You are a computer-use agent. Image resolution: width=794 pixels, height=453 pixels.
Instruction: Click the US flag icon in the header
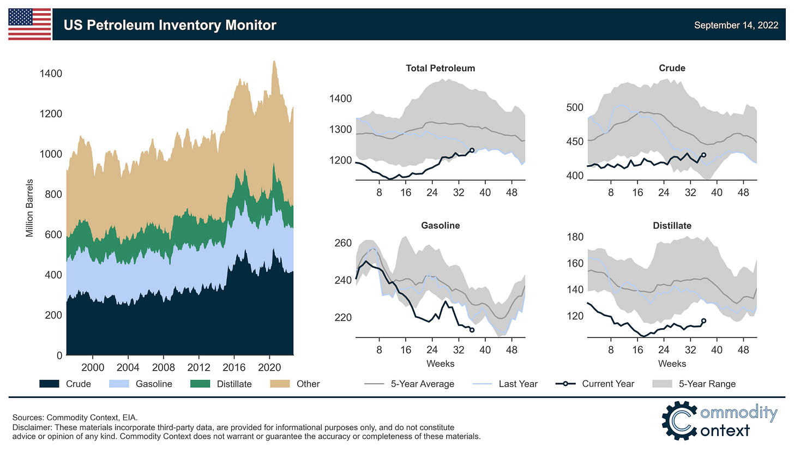coord(30,25)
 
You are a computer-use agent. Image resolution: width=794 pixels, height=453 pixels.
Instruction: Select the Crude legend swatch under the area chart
coord(49,384)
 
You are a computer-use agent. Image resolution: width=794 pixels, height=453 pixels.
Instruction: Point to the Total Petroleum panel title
coord(440,68)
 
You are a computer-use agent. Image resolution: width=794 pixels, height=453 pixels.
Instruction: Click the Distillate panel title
coord(672,225)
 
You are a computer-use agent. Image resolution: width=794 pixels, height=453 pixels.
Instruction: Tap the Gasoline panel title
coord(440,225)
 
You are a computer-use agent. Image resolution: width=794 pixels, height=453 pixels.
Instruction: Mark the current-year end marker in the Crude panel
coord(703,155)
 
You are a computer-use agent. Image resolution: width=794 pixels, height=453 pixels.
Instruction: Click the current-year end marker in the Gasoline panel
coord(472,330)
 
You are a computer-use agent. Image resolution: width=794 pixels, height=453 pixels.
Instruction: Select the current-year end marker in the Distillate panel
coord(703,321)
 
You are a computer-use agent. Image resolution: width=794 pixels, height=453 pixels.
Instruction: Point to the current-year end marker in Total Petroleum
coord(472,150)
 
